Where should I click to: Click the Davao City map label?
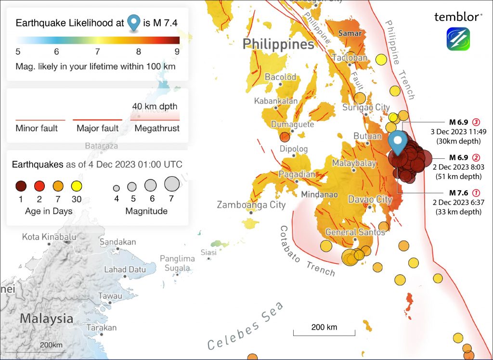[370, 199]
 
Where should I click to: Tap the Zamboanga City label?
[251, 205]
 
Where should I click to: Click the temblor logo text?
[458, 17]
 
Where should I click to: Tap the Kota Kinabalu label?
[49, 237]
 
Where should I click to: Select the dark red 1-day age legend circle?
[21, 186]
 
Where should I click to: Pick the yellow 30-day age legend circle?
[76, 186]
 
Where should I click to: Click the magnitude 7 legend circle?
[172, 184]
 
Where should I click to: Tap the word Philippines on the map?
[278, 44]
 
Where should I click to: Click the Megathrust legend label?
[157, 129]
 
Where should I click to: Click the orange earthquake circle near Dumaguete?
[285, 137]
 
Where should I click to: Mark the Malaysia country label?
[47, 319]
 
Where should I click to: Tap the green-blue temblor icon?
[458, 39]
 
